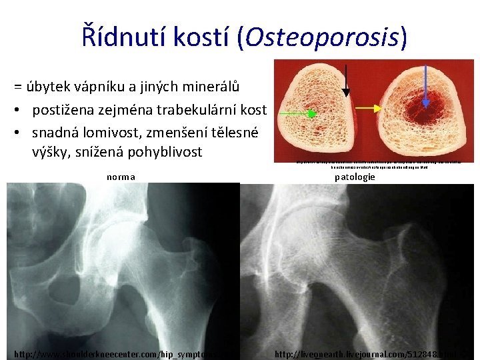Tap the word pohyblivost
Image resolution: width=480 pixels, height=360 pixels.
(163, 152)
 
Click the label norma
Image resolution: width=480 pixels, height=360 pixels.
(121, 177)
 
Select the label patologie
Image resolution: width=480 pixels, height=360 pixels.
(355, 177)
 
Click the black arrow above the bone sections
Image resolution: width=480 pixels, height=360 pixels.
(346, 80)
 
